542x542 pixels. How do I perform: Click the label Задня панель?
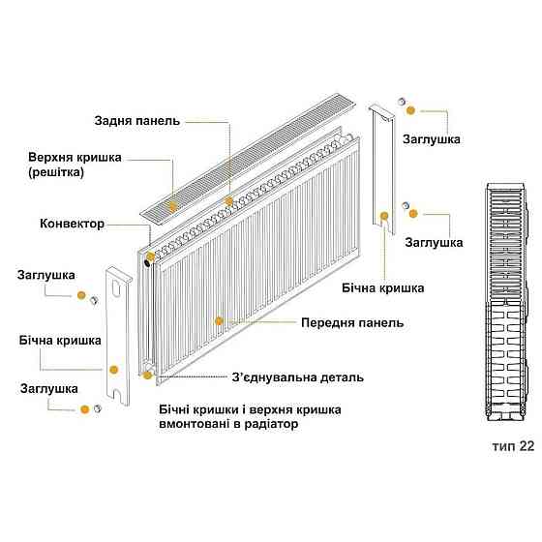click(137, 121)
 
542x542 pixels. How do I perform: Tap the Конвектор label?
click(72, 224)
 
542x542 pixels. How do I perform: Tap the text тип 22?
click(511, 447)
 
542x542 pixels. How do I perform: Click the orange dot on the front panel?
click(220, 320)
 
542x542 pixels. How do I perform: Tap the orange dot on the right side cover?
click(385, 215)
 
